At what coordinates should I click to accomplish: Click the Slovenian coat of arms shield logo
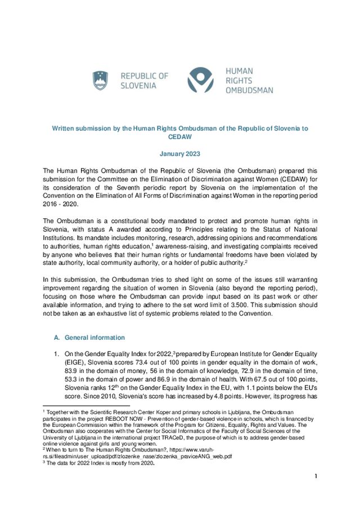[100, 80]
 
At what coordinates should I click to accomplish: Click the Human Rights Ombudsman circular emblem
[201, 80]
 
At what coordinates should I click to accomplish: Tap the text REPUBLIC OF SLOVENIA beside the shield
[144, 80]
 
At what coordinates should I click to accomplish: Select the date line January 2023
[179, 154]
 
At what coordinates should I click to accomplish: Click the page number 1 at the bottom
[316, 477]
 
